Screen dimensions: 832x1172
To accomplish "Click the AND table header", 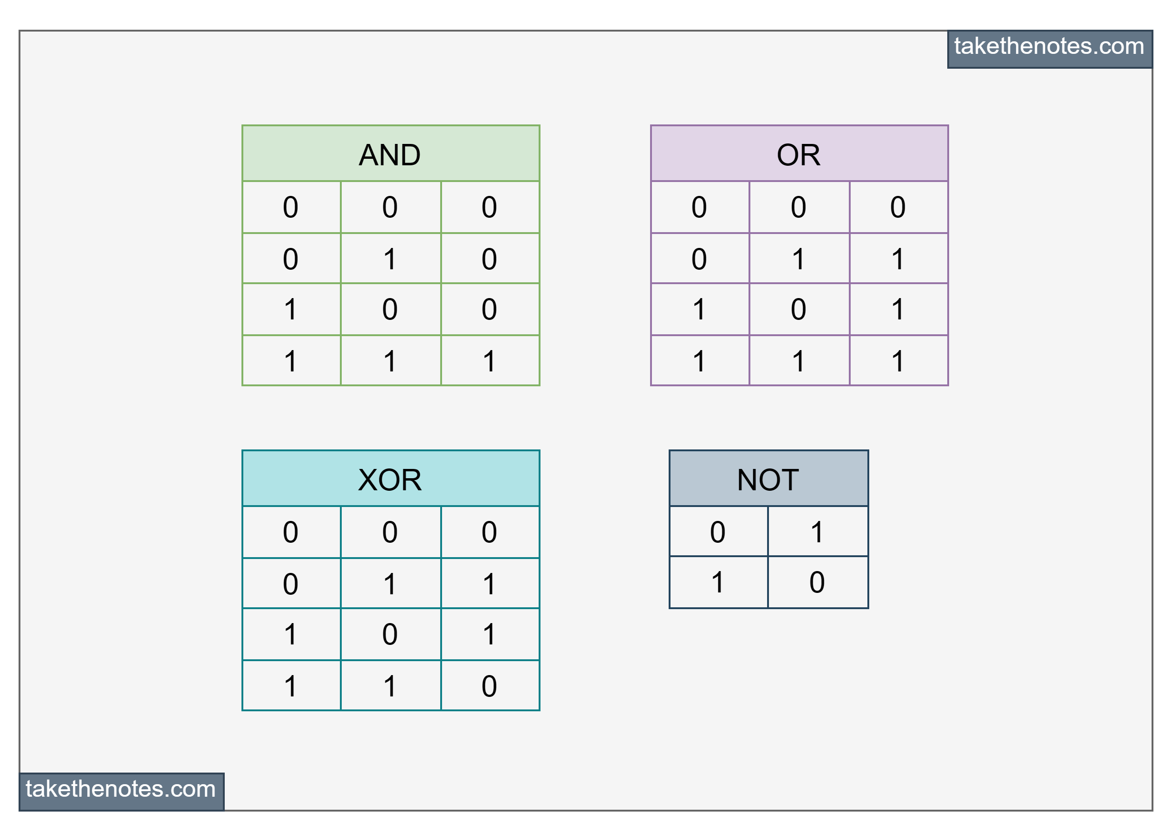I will coord(391,154).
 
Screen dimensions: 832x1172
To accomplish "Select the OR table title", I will coord(799,154).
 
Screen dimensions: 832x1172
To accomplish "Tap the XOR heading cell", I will coord(391,479).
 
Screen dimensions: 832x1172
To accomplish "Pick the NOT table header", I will coord(768,479).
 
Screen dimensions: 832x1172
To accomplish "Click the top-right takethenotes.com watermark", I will coord(1049,47).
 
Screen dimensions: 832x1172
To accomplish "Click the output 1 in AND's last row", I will coord(489,361).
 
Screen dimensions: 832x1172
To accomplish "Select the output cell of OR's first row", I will coord(898,207).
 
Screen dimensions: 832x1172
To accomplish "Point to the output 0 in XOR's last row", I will coord(489,685).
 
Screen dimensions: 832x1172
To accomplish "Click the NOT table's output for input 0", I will coord(817,532).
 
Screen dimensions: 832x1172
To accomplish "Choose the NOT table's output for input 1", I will coord(817,582).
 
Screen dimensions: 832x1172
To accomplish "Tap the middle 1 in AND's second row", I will coord(391,259).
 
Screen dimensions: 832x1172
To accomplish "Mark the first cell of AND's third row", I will coord(291,309).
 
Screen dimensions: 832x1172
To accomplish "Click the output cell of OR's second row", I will coord(898,259).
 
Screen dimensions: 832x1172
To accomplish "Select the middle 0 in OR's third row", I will coord(799,309).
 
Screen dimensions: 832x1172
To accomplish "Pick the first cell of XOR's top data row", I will coord(291,532).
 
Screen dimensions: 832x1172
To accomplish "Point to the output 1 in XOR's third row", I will coord(489,634).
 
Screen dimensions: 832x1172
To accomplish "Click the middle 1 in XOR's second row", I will coord(391,584).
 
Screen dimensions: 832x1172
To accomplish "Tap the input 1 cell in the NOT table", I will coord(718,582).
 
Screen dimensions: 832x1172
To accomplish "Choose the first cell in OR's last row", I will coord(699,361).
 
